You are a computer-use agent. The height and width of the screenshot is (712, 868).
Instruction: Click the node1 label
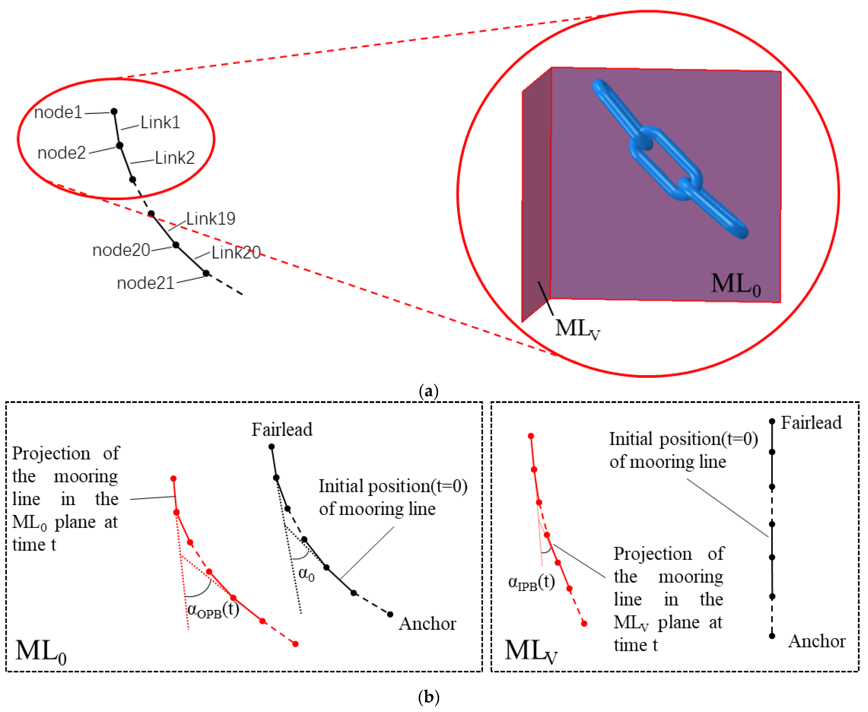pyautogui.click(x=58, y=112)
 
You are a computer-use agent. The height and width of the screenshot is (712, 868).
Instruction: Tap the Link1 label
pyautogui.click(x=160, y=122)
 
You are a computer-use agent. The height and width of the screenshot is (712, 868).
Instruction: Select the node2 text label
pyautogui.click(x=61, y=153)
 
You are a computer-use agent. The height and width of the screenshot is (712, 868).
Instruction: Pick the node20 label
pyautogui.click(x=121, y=250)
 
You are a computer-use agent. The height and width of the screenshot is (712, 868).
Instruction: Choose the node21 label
pyautogui.click(x=146, y=283)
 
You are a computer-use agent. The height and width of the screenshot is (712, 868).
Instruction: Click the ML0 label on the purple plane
pyautogui.click(x=736, y=284)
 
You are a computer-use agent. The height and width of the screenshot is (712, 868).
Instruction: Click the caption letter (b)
pyautogui.click(x=429, y=697)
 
